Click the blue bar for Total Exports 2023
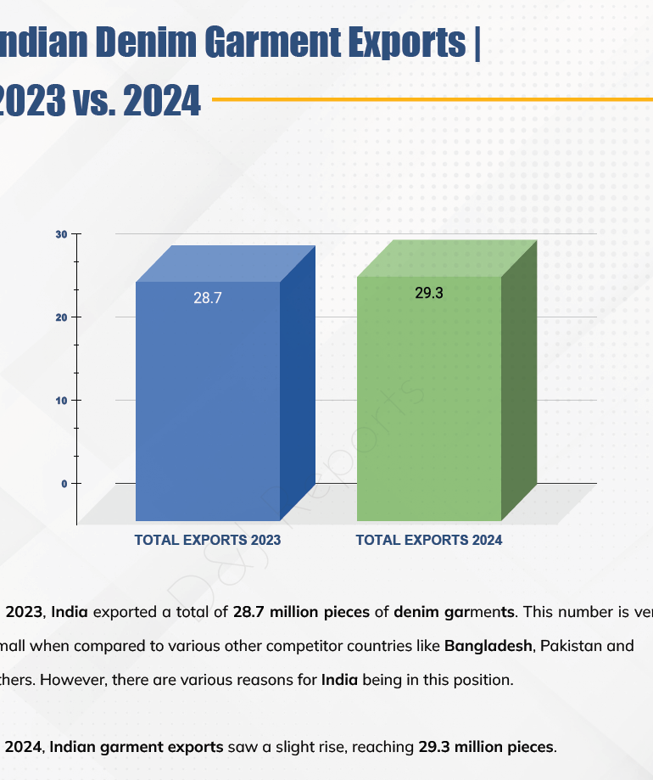208,399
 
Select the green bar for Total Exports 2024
429,399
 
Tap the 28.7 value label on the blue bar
207,299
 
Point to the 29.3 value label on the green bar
429,294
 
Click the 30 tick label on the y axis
61,234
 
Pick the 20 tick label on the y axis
61,317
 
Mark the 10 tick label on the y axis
61,401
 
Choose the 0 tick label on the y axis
64,484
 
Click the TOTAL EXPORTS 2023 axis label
208,540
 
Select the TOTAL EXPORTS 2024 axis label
429,540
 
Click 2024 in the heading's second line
161,101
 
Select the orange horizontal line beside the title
433,99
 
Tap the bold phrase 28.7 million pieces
302,612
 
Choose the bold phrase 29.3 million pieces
487,748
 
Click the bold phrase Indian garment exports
140,748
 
